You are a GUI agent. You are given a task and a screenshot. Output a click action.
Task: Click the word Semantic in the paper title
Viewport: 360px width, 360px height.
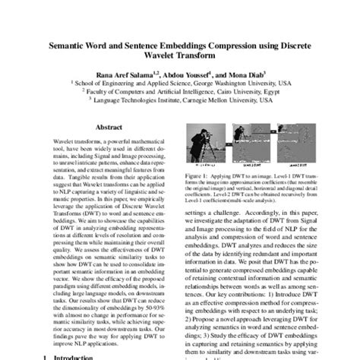74,46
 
